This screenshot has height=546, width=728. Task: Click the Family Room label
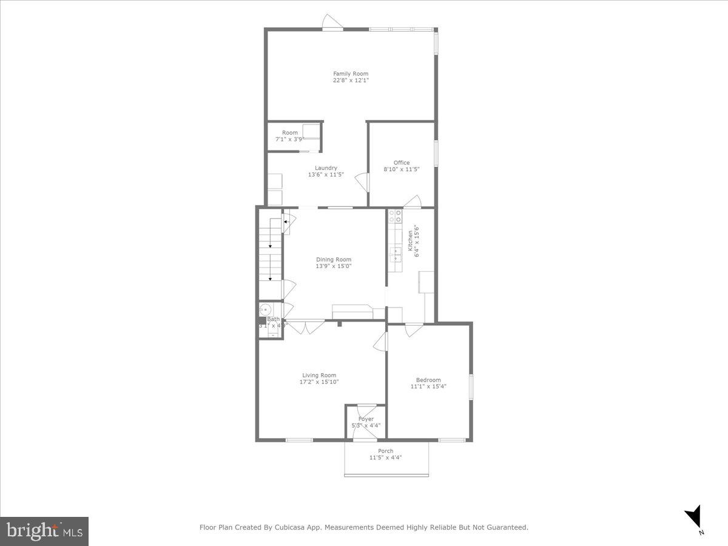point(351,74)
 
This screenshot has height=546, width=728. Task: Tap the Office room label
point(402,163)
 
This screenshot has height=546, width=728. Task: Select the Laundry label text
point(326,168)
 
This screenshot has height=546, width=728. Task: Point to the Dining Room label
point(334,260)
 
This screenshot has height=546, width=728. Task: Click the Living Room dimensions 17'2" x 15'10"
point(319,382)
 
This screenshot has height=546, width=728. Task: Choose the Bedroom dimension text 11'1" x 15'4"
point(428,386)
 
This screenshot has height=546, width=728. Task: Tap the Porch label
point(386,451)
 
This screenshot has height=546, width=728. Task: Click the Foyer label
point(366,419)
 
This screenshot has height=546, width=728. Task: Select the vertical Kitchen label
point(410,240)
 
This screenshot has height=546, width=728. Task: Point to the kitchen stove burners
point(395,217)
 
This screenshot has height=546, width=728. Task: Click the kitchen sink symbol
point(395,254)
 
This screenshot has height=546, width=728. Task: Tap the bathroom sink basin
point(265,309)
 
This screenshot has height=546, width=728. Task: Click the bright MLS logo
point(44,531)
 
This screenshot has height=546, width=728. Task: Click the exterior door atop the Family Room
point(332,24)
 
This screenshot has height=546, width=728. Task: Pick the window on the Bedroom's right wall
point(471,387)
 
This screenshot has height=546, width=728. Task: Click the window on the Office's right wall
point(435,157)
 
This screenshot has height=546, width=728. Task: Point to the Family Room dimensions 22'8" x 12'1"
point(351,80)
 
